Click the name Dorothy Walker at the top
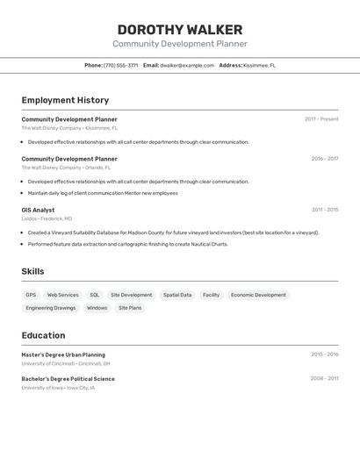179,29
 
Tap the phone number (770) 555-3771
120,65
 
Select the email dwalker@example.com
187,65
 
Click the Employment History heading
65,100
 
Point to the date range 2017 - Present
321,119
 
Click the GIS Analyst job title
38,210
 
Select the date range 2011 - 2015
325,210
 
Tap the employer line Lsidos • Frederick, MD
47,218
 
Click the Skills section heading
32,271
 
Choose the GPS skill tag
31,295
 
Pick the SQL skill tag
95,295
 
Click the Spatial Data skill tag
177,295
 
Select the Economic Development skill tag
258,295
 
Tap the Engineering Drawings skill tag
51,308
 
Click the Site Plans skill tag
130,308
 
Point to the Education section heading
43,335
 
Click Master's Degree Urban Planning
63,354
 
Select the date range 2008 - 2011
324,378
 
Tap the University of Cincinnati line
66,363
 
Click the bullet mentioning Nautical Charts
127,244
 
